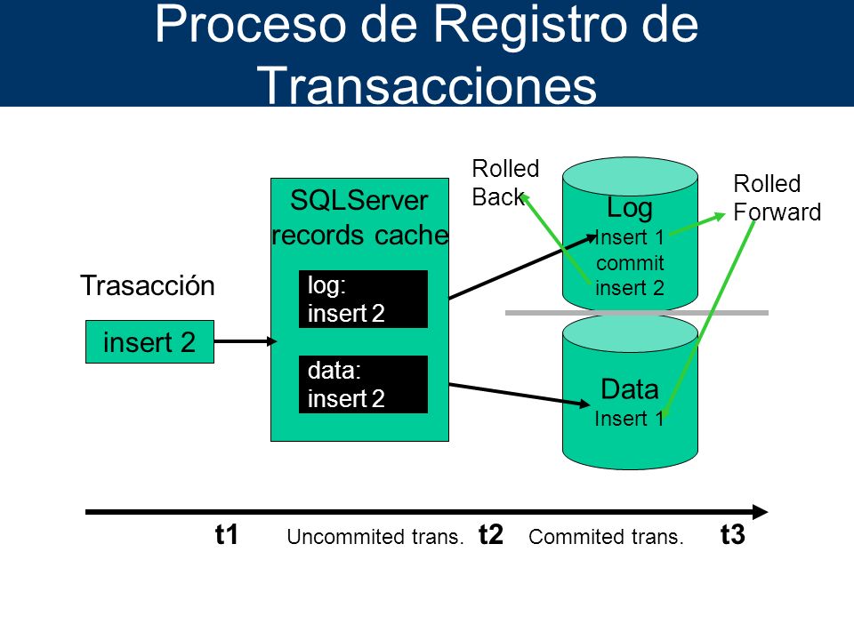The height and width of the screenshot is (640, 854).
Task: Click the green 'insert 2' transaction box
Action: [149, 341]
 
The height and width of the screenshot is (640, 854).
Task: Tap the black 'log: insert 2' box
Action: [363, 300]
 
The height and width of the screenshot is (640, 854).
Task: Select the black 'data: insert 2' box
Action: [363, 384]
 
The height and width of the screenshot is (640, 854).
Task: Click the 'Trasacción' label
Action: [148, 285]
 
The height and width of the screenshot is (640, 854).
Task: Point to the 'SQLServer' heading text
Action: [359, 200]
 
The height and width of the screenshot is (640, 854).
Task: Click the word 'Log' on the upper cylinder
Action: [630, 208]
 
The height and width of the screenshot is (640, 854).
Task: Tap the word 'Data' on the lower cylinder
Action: [630, 389]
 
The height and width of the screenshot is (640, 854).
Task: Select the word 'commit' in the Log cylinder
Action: [630, 263]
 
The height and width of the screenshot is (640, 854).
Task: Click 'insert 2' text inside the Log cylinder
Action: [630, 288]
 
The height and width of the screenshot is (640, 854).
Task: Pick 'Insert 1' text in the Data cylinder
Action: [629, 419]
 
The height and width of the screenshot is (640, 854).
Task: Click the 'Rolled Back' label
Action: [505, 183]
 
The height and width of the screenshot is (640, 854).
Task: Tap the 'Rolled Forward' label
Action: [777, 197]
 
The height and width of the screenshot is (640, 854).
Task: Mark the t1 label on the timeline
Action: [227, 534]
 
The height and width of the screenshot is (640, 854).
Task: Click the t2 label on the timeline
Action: [491, 534]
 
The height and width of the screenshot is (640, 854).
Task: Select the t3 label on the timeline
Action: [732, 534]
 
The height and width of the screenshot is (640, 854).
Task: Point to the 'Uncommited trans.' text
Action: [375, 537]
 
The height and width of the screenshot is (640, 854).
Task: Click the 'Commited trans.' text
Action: [606, 537]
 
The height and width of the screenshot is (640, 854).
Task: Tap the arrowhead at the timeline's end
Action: [761, 512]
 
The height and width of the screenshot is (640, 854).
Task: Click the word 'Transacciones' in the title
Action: [427, 85]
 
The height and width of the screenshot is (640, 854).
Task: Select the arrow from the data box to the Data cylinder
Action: [520, 395]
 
